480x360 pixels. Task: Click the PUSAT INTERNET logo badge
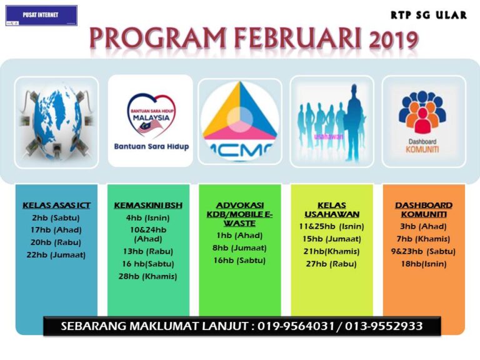click(x=41, y=15)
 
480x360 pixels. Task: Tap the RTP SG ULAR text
click(x=428, y=14)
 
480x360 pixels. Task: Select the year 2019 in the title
click(x=392, y=41)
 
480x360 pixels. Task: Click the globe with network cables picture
click(x=56, y=122)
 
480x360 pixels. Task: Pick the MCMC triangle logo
click(x=241, y=122)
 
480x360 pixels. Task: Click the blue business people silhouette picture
click(x=331, y=122)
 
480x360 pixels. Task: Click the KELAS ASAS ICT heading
click(x=56, y=206)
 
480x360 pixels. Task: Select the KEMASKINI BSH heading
click(x=147, y=206)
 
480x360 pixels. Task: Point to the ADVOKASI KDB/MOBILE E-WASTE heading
click(x=239, y=214)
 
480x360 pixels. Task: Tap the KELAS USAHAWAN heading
click(x=331, y=209)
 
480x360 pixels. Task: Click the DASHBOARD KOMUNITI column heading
click(x=424, y=209)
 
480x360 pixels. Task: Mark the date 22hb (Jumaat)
click(x=56, y=254)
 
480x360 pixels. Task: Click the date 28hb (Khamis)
click(x=148, y=276)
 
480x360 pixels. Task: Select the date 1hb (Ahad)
click(x=239, y=236)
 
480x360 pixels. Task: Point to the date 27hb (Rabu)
click(x=331, y=263)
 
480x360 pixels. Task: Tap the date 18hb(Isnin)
click(x=424, y=263)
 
